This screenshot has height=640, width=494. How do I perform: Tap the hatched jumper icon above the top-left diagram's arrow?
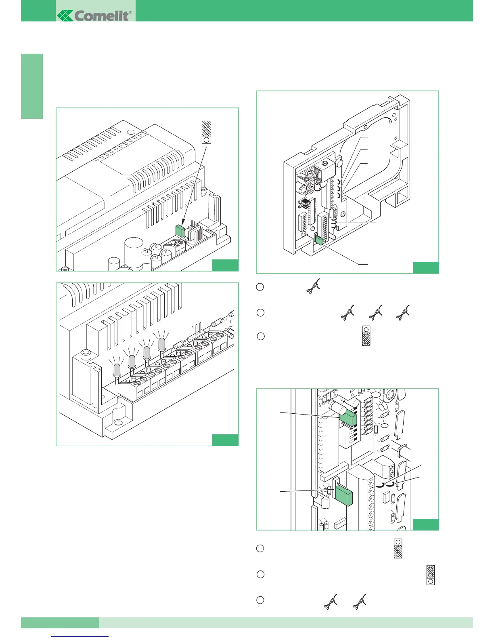point(206,132)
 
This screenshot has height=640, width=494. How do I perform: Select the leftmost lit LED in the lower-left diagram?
point(117,369)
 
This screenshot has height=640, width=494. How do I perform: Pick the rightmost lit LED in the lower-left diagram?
point(162,344)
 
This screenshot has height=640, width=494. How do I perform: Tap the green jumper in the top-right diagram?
point(318,240)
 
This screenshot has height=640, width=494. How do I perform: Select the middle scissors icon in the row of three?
point(376,312)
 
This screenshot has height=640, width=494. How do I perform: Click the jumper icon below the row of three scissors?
point(366,335)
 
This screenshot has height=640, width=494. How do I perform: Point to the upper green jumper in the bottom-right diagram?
point(347,418)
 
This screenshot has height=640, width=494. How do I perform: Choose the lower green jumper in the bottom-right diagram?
point(344,495)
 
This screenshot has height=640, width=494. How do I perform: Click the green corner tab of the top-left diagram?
point(225,265)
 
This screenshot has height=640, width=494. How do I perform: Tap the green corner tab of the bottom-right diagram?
point(425,524)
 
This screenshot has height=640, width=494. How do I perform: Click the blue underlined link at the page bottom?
point(80,636)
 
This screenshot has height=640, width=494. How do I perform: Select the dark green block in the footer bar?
point(60,623)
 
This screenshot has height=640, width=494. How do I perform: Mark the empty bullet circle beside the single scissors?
point(260,287)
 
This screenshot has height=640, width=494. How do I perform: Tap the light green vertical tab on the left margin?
point(32,86)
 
